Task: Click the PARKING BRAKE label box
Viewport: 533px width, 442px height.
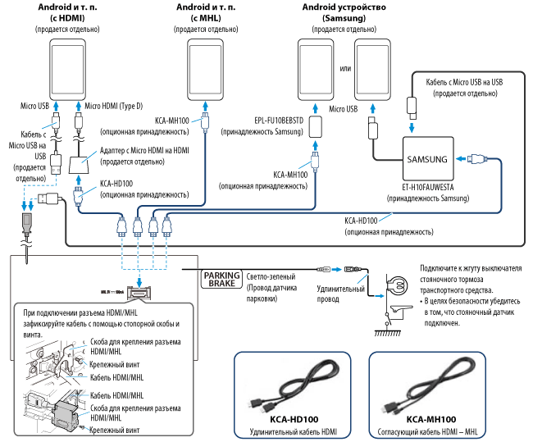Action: tap(221, 276)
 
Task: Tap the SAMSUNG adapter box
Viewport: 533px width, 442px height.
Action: tap(427, 159)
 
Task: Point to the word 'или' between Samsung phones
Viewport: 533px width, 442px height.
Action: tap(344, 66)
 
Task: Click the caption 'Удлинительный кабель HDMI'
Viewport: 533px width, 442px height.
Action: tap(295, 431)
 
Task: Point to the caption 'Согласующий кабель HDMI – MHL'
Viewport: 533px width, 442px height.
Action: tap(430, 431)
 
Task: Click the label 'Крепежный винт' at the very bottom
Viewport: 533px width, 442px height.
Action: tap(115, 430)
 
